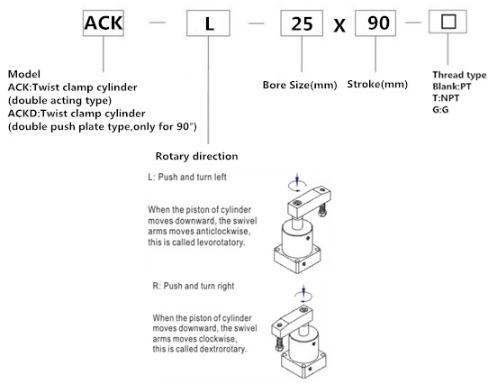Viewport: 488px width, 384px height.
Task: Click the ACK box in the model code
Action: (x=104, y=23)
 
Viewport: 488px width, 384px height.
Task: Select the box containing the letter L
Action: (x=208, y=23)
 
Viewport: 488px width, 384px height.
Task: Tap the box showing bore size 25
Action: (x=302, y=23)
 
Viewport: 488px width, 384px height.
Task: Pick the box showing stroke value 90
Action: (x=375, y=23)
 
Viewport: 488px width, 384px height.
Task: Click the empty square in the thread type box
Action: (x=448, y=22)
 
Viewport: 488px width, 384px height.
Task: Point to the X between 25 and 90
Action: (x=339, y=25)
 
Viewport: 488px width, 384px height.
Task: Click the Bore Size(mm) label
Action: (x=300, y=85)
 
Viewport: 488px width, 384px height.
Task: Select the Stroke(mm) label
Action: (x=377, y=84)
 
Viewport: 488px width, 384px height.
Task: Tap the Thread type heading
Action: (x=459, y=75)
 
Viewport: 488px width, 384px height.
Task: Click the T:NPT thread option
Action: (x=446, y=98)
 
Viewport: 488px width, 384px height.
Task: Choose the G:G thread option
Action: (x=440, y=109)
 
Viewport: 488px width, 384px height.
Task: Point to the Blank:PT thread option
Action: (x=452, y=87)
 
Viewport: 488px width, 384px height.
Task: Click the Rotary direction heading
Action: (x=196, y=156)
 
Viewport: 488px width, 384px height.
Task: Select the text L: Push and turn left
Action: (x=187, y=177)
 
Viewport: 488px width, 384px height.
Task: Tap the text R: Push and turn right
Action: (x=194, y=286)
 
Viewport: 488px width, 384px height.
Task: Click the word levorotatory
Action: (x=217, y=242)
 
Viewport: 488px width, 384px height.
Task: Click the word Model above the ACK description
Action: (x=24, y=74)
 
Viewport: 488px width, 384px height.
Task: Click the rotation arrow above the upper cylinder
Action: (x=297, y=187)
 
